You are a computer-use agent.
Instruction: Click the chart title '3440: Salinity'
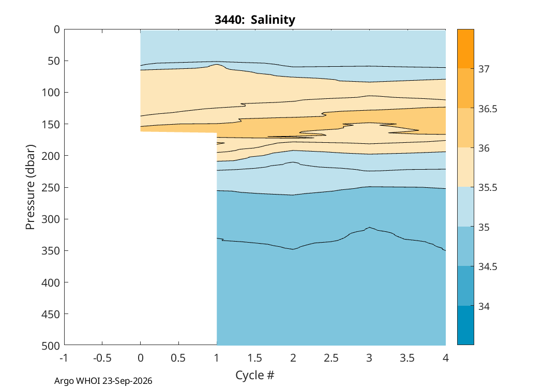point(255,20)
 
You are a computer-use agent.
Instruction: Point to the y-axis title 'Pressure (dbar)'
point(31,187)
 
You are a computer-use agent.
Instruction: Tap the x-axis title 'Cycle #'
point(255,375)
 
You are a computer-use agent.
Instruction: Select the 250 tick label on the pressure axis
point(51,187)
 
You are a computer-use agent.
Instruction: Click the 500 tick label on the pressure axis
point(51,346)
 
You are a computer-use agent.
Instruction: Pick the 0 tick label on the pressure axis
point(57,29)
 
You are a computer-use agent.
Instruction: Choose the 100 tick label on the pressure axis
point(51,93)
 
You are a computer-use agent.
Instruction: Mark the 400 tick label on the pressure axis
point(51,282)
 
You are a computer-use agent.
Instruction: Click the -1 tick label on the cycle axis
point(64,357)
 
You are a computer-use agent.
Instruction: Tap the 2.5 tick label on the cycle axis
point(331,357)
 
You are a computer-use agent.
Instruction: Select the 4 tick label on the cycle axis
point(446,357)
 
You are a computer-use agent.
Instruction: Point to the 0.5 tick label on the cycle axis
point(178,357)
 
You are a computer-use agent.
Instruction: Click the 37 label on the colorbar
point(484,69)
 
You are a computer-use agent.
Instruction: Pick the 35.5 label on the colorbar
point(488,187)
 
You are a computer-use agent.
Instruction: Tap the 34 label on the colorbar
point(484,306)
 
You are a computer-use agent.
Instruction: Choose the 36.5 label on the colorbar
point(488,109)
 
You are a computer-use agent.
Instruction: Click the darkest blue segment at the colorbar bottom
point(466,325)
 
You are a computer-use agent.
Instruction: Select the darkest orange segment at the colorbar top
point(466,49)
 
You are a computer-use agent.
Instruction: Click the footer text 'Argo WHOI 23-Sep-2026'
point(103,381)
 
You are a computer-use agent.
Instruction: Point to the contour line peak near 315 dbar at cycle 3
point(370,227)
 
